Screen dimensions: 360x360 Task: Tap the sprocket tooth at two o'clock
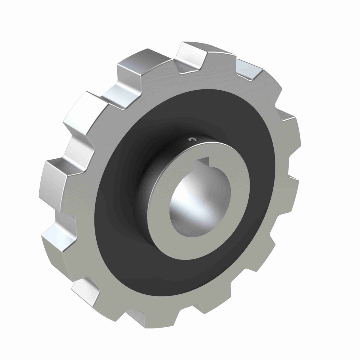288,120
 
